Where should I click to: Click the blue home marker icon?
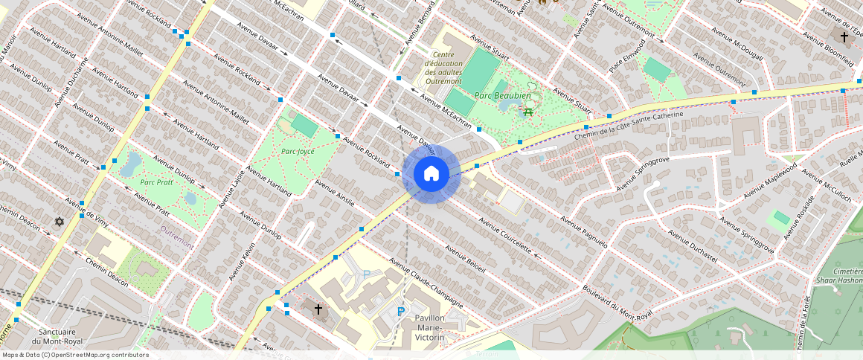pos(431,173)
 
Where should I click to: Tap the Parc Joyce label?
pos(295,151)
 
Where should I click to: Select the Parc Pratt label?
pos(157,182)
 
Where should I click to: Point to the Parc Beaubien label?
pos(503,96)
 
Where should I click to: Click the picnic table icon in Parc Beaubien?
pos(527,111)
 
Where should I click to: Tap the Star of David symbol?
pos(60,222)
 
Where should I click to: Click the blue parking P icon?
pos(401,312)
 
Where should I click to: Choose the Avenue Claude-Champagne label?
pos(426,283)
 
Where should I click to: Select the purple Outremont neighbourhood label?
pos(177,236)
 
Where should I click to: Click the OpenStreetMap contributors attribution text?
pos(74,355)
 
